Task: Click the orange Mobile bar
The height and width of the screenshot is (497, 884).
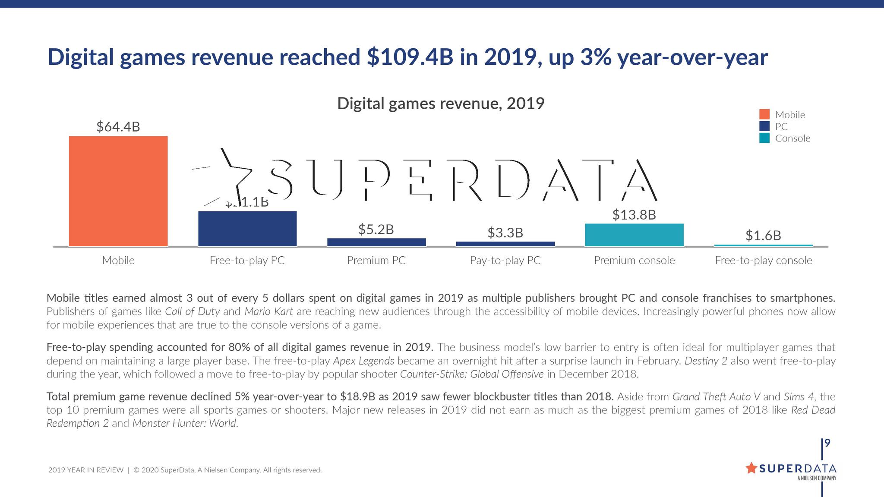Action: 118,191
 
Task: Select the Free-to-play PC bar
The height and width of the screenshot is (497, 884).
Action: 247,229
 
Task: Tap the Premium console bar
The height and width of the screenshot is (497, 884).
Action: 634,235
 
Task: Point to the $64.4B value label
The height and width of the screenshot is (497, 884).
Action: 118,127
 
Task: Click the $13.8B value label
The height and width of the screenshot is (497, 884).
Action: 634,215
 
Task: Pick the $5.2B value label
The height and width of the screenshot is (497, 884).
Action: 376,230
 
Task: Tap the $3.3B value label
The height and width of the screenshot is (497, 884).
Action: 505,233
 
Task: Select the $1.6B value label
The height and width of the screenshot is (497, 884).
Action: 763,236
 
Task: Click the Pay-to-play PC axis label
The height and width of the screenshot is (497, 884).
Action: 505,261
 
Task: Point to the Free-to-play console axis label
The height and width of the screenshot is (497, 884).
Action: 763,261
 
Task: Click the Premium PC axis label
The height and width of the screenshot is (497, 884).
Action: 376,261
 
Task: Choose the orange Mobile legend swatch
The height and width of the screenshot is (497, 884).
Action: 764,114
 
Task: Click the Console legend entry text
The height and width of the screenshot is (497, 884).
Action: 792,138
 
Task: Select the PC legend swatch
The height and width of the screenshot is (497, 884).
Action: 764,126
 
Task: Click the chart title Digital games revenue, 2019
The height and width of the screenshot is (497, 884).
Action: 440,104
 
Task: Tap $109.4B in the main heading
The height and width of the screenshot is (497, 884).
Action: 410,57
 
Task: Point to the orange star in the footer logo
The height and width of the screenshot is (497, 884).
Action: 751,468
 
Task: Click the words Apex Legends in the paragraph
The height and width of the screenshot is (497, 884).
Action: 363,361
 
